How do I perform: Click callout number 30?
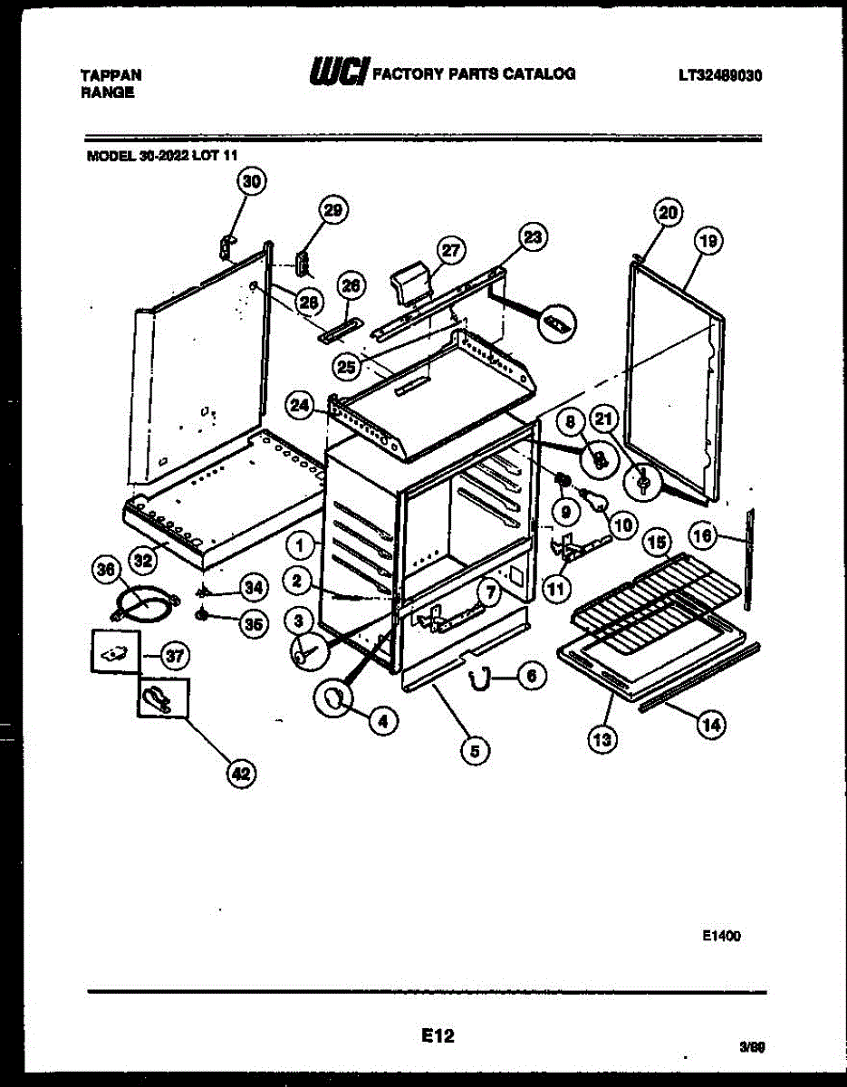click(252, 181)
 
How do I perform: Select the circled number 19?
click(709, 241)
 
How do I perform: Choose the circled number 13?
click(602, 739)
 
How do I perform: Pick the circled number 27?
click(450, 248)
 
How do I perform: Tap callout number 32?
click(142, 560)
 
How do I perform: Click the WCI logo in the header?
click(339, 73)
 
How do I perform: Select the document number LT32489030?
click(719, 76)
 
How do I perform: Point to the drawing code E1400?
click(721, 937)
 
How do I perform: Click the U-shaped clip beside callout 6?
click(480, 674)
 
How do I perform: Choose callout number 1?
click(303, 545)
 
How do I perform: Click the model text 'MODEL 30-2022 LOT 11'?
click(162, 155)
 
